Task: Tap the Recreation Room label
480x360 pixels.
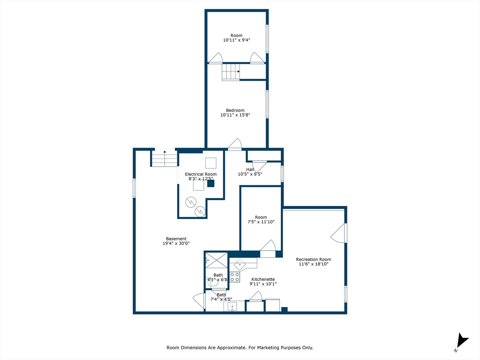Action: coord(313,259)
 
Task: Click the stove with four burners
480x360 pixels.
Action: coord(235,277)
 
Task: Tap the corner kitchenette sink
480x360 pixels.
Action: coord(240,263)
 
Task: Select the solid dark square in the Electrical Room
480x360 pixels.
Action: coord(211,184)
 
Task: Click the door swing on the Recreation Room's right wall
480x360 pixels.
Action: coord(339,233)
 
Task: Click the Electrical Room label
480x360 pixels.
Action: coord(201,174)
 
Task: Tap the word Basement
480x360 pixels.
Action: coord(176,239)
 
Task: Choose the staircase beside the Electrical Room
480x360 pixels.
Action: coord(164,159)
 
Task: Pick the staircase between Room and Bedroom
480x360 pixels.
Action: coord(231,72)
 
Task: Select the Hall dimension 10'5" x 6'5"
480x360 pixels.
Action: coord(250,174)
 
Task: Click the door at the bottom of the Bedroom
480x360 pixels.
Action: coord(235,145)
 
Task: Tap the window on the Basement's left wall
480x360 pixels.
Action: coord(134,187)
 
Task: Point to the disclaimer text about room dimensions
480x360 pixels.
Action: coord(240,347)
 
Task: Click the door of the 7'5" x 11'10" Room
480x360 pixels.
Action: coord(268,249)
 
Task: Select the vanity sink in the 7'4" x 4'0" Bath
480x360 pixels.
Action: coord(232,307)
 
